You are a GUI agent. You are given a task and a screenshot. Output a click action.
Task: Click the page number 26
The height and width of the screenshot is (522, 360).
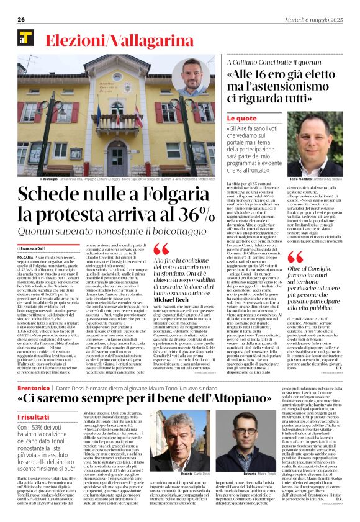click(x=20, y=19)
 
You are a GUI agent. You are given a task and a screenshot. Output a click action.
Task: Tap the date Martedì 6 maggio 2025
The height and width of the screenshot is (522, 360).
click(x=318, y=19)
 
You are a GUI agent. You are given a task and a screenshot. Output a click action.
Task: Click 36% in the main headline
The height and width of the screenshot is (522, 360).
click(x=195, y=215)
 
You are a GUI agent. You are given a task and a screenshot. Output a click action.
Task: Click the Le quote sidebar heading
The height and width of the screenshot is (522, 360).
click(x=241, y=118)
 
